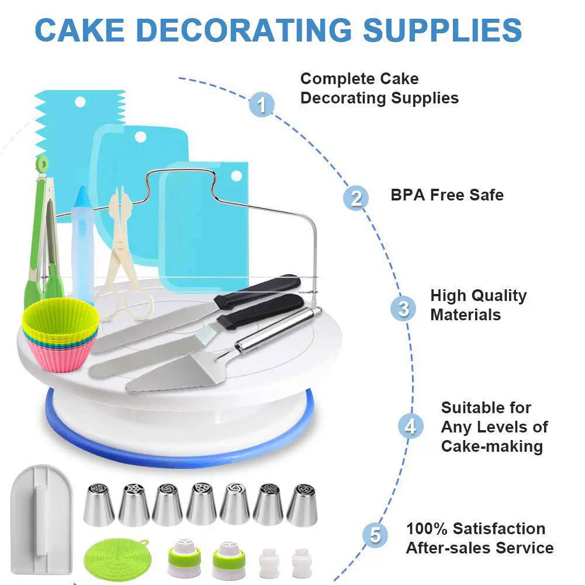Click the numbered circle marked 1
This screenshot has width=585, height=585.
pos(262,105)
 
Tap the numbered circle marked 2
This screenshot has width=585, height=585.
pos(355,198)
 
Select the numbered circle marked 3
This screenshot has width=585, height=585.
pos(403,309)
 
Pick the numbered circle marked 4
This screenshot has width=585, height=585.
pos(410,426)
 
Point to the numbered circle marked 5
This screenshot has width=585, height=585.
pos(375,535)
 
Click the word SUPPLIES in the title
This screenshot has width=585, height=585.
pos(442,30)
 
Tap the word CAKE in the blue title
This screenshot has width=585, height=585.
pos(79,30)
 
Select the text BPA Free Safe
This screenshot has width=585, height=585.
pos(447,195)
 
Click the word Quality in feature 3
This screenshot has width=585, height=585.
pos(498,296)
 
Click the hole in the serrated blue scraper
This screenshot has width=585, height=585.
pos(80,102)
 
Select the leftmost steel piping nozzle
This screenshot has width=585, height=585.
pos(99,504)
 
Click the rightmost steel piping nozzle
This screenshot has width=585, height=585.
pos(302,505)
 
